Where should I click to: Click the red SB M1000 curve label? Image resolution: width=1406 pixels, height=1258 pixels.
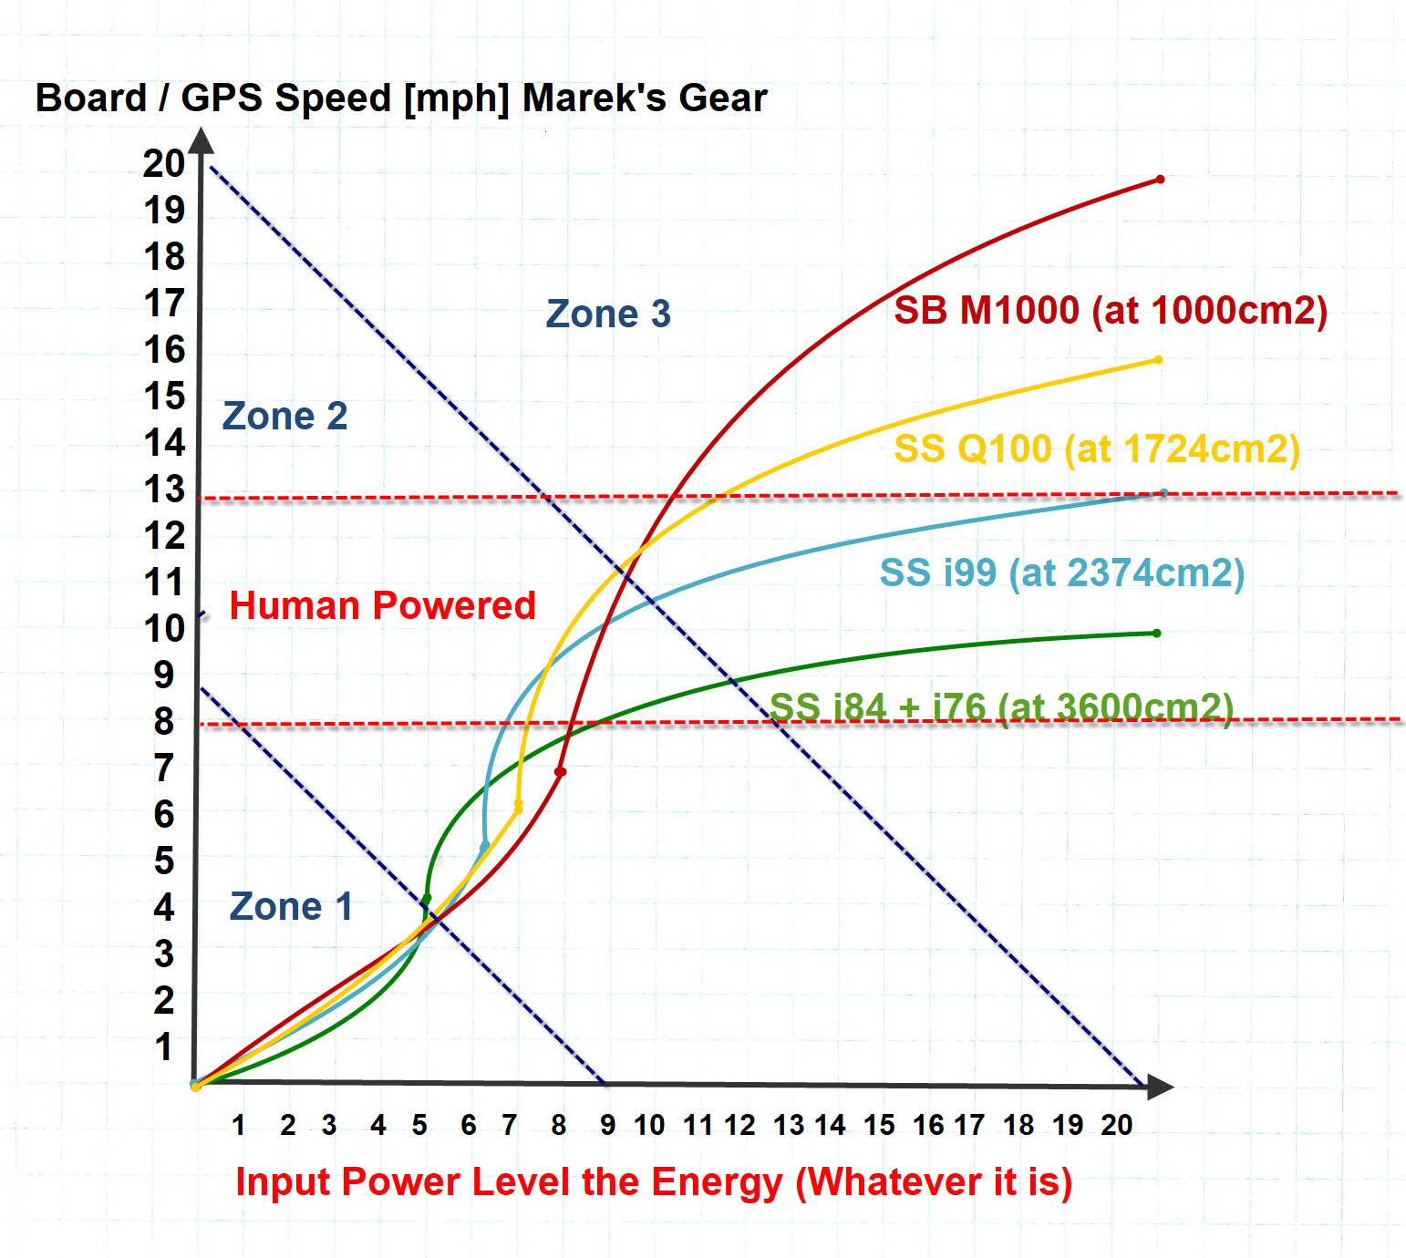(x=1110, y=311)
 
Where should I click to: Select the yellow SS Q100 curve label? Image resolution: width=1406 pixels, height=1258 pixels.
(x=1096, y=449)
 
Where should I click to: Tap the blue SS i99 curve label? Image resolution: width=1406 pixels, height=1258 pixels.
(x=1061, y=573)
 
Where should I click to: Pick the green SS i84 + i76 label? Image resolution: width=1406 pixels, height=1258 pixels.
(x=1001, y=706)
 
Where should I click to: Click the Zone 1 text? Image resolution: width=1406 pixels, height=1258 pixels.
(x=290, y=906)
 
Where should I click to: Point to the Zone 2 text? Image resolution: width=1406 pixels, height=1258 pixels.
(x=284, y=416)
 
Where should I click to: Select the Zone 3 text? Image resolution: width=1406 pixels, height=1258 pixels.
(x=608, y=314)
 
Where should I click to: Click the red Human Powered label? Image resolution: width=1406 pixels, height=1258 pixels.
(x=382, y=605)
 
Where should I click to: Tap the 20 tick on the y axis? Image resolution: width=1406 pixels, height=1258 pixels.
(x=164, y=163)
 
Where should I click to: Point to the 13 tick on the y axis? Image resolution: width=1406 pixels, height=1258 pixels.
(x=164, y=490)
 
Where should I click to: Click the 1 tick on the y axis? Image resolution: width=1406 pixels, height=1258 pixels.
(x=164, y=1047)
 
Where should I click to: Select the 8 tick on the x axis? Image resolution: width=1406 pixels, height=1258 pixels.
(x=559, y=1126)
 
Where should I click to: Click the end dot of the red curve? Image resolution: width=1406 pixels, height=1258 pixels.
(x=1160, y=180)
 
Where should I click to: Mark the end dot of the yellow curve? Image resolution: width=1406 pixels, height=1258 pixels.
(x=1158, y=360)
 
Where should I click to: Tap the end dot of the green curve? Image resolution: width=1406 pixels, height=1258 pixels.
(x=1156, y=633)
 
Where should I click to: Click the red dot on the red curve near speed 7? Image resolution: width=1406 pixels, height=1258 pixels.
(x=561, y=772)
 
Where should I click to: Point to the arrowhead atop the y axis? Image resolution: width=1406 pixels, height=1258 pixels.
(x=202, y=139)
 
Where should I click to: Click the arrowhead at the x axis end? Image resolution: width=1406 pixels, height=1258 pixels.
(x=1159, y=1087)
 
